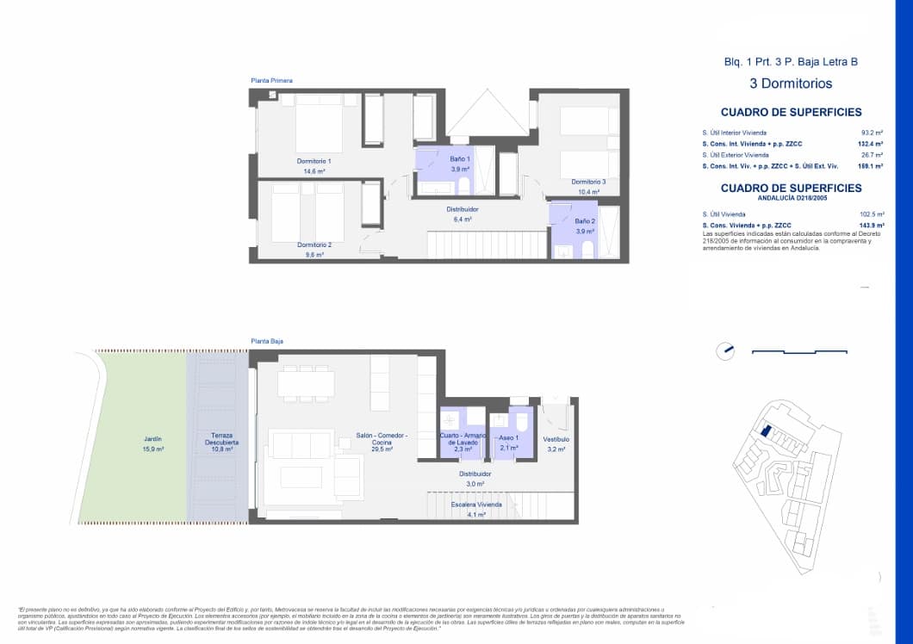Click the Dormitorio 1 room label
pyautogui.click(x=314, y=161)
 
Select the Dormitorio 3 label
pyautogui.click(x=588, y=182)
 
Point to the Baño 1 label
pyautogui.click(x=460, y=159)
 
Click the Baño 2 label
pyautogui.click(x=586, y=221)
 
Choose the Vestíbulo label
pyautogui.click(x=556, y=439)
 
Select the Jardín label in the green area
pyautogui.click(x=154, y=439)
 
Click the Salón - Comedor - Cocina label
pyautogui.click(x=382, y=439)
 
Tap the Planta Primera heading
pyautogui.click(x=271, y=81)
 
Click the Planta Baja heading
pyautogui.click(x=267, y=342)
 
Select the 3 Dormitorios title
pyautogui.click(x=791, y=84)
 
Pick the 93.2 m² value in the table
pyautogui.click(x=872, y=133)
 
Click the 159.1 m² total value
pyautogui.click(x=871, y=166)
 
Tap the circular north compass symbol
pyautogui.click(x=725, y=350)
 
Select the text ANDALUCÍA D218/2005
pyautogui.click(x=791, y=198)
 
